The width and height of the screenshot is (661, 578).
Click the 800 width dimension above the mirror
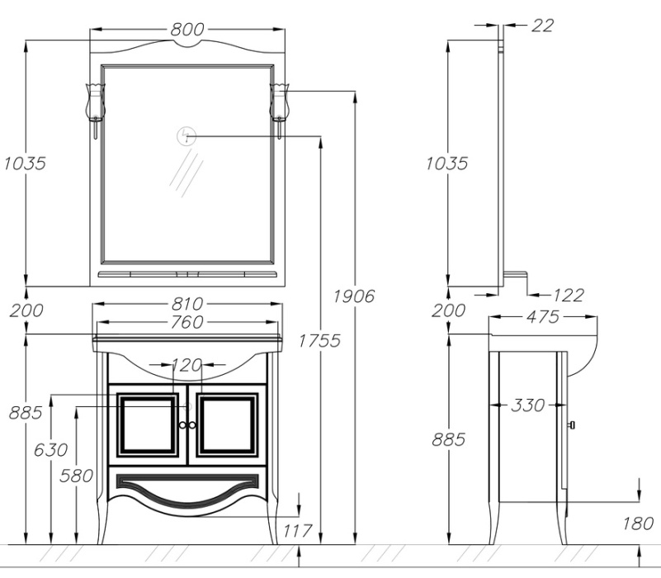pyautogui.click(x=187, y=30)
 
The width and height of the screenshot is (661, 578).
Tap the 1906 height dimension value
pyautogui.click(x=354, y=296)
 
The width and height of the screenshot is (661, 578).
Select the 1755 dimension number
pyautogui.click(x=319, y=341)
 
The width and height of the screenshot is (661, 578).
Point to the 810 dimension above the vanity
pyautogui.click(x=187, y=304)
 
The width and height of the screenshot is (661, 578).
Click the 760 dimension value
pyautogui.click(x=187, y=322)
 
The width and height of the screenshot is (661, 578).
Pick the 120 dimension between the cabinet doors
pyautogui.click(x=186, y=365)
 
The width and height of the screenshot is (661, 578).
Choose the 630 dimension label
pyautogui.click(x=50, y=450)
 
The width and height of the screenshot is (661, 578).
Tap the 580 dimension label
pyautogui.click(x=76, y=476)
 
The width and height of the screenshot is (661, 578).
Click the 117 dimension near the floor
pyautogui.click(x=298, y=531)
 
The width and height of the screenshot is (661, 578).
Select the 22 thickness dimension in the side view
pyautogui.click(x=542, y=26)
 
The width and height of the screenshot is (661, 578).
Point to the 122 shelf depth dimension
pyautogui.click(x=569, y=296)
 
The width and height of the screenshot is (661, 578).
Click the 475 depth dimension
pyautogui.click(x=543, y=317)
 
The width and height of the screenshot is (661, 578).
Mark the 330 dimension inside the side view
pyautogui.click(x=528, y=405)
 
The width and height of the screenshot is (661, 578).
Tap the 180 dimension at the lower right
pyautogui.click(x=638, y=524)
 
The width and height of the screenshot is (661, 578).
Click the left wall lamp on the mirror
pyautogui.click(x=96, y=111)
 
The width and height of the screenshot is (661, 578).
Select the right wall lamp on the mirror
pyautogui.click(x=279, y=111)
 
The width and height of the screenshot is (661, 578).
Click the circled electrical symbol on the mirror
pyautogui.click(x=186, y=136)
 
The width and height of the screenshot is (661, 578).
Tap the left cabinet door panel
pyautogui.click(x=147, y=425)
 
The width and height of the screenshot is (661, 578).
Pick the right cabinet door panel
pyautogui.click(x=227, y=425)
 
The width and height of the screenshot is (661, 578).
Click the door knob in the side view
pyautogui.click(x=571, y=425)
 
